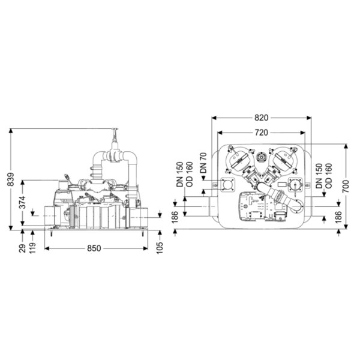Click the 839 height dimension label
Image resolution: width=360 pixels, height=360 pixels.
pos(11,179)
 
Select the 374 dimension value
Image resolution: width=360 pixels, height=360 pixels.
pos(22,202)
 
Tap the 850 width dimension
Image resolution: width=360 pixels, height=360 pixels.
pos(94,248)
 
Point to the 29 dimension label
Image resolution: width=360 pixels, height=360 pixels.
pos(22,248)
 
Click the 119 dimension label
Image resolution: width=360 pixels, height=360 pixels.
pos(32,247)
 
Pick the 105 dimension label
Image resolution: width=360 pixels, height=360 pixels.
pos(160,247)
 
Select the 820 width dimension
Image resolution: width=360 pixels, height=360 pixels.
pos(261,118)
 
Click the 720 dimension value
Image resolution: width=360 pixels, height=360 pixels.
pos(261,133)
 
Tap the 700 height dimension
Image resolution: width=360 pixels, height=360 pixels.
pos(346,186)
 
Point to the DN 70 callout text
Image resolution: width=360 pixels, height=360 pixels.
pos(203,163)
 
